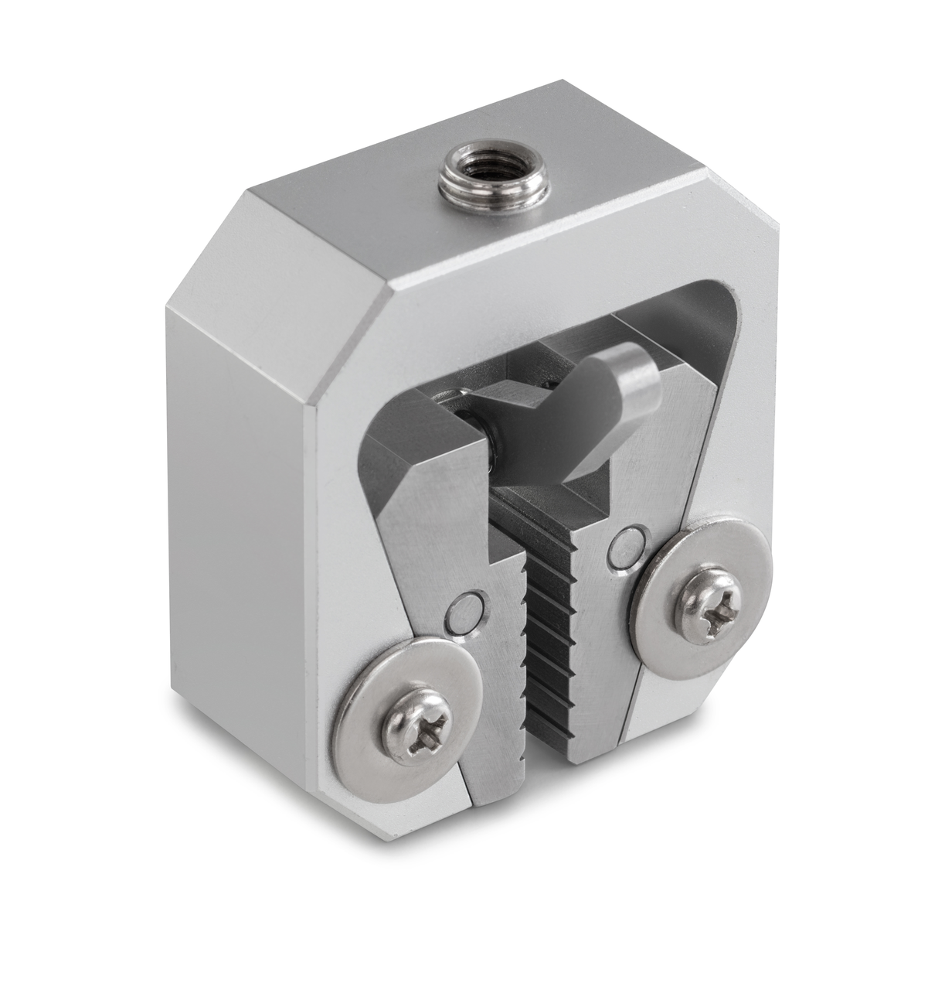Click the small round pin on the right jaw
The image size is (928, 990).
coord(626,546)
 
